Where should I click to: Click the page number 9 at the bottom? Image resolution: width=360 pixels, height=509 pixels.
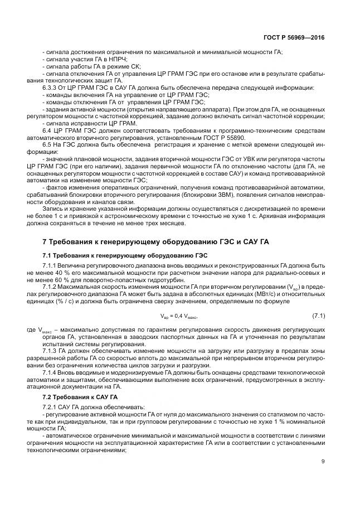[323, 460]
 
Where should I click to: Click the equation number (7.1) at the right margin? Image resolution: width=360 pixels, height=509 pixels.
[317, 316]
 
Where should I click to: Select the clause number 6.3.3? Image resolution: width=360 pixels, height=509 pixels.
[51, 88]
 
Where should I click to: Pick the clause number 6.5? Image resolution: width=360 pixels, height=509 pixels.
[48, 144]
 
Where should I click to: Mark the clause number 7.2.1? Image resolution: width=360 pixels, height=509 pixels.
[51, 408]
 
